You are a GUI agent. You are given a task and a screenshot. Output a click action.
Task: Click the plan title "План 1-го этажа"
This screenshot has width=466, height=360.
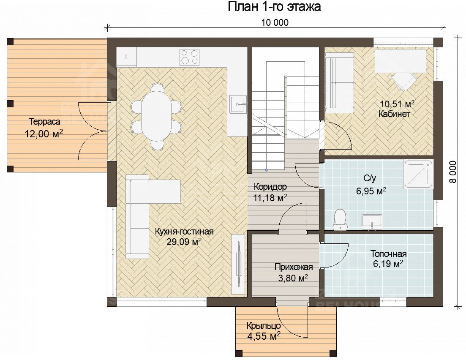[x=274, y=6]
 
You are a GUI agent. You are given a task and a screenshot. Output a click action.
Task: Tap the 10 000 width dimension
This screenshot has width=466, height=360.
[x=275, y=22]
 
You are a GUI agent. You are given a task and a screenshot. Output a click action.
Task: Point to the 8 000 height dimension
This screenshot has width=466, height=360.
[x=452, y=172]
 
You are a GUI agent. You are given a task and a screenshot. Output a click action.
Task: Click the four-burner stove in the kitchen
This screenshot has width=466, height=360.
[x=189, y=57]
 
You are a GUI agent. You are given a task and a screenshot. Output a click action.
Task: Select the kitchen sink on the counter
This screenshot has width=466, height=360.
[x=238, y=104]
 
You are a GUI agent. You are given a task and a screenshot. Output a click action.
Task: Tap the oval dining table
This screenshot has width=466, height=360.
[x=156, y=115]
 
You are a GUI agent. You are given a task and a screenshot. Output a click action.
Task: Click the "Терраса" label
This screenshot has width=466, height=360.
[x=45, y=122]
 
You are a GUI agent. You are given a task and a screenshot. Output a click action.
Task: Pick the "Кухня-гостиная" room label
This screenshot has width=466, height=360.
[x=184, y=232]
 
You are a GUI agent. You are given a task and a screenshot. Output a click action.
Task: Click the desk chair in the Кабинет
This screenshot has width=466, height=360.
[x=404, y=81]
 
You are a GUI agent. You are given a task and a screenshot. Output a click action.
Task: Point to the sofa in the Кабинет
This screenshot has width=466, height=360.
[x=339, y=83]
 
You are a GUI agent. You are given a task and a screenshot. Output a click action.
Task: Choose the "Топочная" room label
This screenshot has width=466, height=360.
[x=388, y=254]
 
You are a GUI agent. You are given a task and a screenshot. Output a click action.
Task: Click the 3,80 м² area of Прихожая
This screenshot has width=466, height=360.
[x=293, y=278]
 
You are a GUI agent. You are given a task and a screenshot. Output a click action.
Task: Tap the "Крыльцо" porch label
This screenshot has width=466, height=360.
[x=264, y=326]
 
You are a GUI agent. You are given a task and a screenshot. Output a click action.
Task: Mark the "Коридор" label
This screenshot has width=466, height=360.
[x=270, y=187]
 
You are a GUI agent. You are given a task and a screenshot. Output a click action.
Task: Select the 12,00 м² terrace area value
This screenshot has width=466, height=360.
[x=44, y=134]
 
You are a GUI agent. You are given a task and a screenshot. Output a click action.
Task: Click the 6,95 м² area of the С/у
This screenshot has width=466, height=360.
[x=371, y=191]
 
